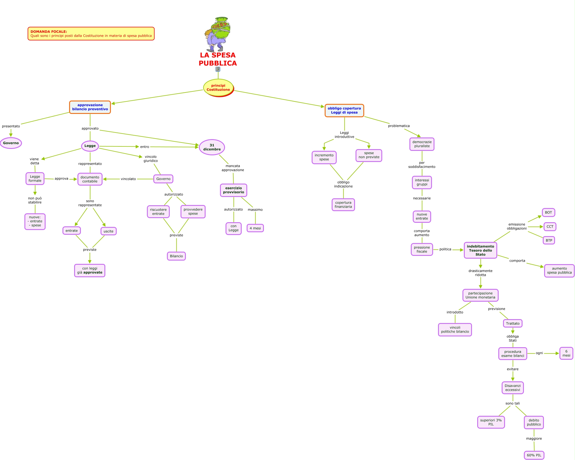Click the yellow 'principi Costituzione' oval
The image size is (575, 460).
pyautogui.click(x=218, y=88)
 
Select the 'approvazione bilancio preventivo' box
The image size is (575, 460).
pyautogui.click(x=90, y=107)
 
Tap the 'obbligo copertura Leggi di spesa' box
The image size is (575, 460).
pyautogui.click(x=344, y=111)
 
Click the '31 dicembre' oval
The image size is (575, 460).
pyautogui.click(x=212, y=147)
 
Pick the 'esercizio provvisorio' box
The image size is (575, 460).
pyautogui.click(x=233, y=190)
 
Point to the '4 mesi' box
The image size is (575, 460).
pyautogui.click(x=255, y=228)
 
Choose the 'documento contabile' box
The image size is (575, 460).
pyautogui.click(x=90, y=179)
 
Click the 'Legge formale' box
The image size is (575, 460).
pyautogui.click(x=35, y=179)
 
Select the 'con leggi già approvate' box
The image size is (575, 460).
pyautogui.click(x=90, y=271)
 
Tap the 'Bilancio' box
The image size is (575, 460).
pyautogui.click(x=176, y=256)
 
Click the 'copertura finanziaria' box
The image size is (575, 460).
pyautogui.click(x=343, y=205)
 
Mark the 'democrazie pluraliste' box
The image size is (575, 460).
pyautogui.click(x=422, y=144)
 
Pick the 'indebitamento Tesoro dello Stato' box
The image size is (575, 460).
pyautogui.click(x=480, y=251)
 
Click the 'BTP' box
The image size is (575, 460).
pyautogui.click(x=549, y=241)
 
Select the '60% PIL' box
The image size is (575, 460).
pyautogui.click(x=534, y=455)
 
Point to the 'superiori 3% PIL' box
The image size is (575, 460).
pyautogui.click(x=491, y=422)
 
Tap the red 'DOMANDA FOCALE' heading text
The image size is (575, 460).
pyautogui.click(x=49, y=32)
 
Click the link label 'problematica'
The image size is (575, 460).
pyautogui.click(x=399, y=126)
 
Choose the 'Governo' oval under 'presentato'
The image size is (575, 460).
pyautogui.click(x=11, y=143)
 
